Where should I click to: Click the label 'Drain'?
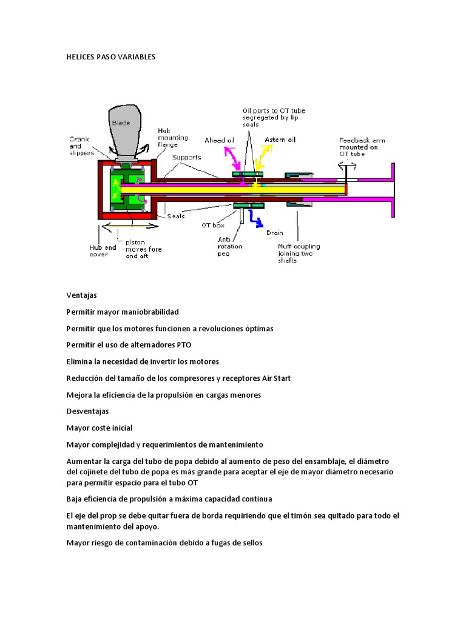pyautogui.click(x=275, y=232)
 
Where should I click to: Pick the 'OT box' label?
pyautogui.click(x=213, y=226)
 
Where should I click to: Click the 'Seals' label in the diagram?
pyautogui.click(x=176, y=217)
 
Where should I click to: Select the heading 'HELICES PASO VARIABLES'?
pyautogui.click(x=111, y=57)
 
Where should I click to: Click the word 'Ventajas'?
pyautogui.click(x=81, y=295)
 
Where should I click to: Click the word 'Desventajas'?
pyautogui.click(x=87, y=411)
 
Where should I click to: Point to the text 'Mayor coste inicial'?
pyautogui.click(x=99, y=428)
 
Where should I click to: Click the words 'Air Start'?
pyautogui.click(x=275, y=378)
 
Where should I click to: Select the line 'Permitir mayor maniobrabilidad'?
pyautogui.click(x=123, y=312)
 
